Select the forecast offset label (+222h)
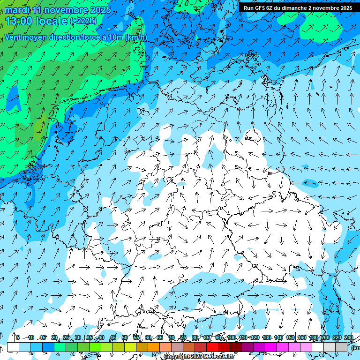(x=83, y=21)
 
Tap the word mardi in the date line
(x=17, y=10)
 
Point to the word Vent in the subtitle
(x=13, y=37)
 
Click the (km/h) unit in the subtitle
(x=136, y=37)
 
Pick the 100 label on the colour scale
(x=231, y=337)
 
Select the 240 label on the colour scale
(x=348, y=337)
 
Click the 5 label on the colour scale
(x=18, y=337)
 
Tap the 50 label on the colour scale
(x=125, y=337)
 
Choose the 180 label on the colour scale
(x=313, y=337)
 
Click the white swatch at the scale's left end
(x=13, y=347)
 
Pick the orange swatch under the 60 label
(x=154, y=347)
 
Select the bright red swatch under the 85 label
(x=212, y=347)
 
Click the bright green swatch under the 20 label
(x=60, y=347)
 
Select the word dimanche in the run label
(x=292, y=7)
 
